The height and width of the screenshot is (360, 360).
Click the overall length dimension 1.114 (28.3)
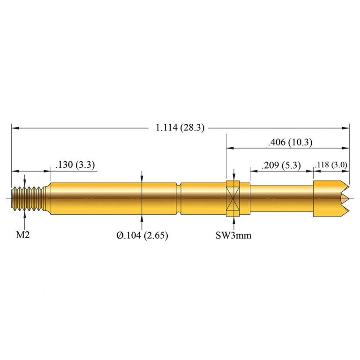180,127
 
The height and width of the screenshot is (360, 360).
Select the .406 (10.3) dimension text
290,142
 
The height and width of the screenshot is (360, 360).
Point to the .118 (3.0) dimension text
331,165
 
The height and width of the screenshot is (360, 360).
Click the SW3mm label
233,235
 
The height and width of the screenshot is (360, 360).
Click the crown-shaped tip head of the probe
330,199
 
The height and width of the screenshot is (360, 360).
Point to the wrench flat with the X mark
233,199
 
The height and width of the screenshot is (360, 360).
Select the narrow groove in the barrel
179,199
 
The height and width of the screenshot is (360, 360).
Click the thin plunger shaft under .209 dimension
281,199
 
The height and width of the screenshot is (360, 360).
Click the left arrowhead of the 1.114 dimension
14,127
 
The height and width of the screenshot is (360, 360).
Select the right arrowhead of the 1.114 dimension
346,127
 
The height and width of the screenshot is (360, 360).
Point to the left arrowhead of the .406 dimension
230,148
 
